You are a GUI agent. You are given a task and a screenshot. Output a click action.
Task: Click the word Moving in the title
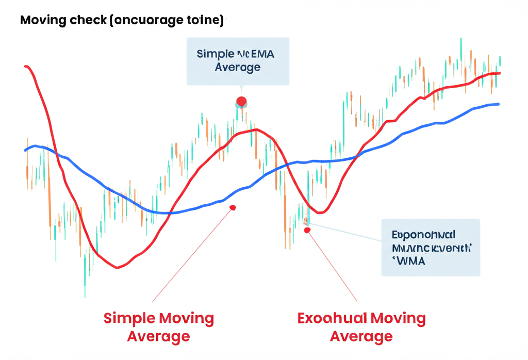pos(43,21)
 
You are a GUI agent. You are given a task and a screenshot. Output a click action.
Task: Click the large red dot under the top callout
pos(241,102)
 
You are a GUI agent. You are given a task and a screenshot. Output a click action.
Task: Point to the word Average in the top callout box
pos(238,67)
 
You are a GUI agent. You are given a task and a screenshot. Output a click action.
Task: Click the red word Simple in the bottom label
pos(130,318)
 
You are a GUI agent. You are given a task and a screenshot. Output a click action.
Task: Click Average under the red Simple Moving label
pos(158,337)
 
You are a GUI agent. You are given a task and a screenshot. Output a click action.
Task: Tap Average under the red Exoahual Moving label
pos(361,337)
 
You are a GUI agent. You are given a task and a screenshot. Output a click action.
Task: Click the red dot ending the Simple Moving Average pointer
pos(233,208)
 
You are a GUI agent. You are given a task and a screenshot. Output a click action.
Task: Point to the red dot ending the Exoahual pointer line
pos(307,230)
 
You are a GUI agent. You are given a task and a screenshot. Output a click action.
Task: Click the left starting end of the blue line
pos(26,150)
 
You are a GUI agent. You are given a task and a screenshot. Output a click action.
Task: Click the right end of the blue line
pos(498,104)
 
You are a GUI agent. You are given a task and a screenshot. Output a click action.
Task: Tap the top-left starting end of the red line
pos(26,67)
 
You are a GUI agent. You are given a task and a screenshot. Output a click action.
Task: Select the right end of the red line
pos(499,73)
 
